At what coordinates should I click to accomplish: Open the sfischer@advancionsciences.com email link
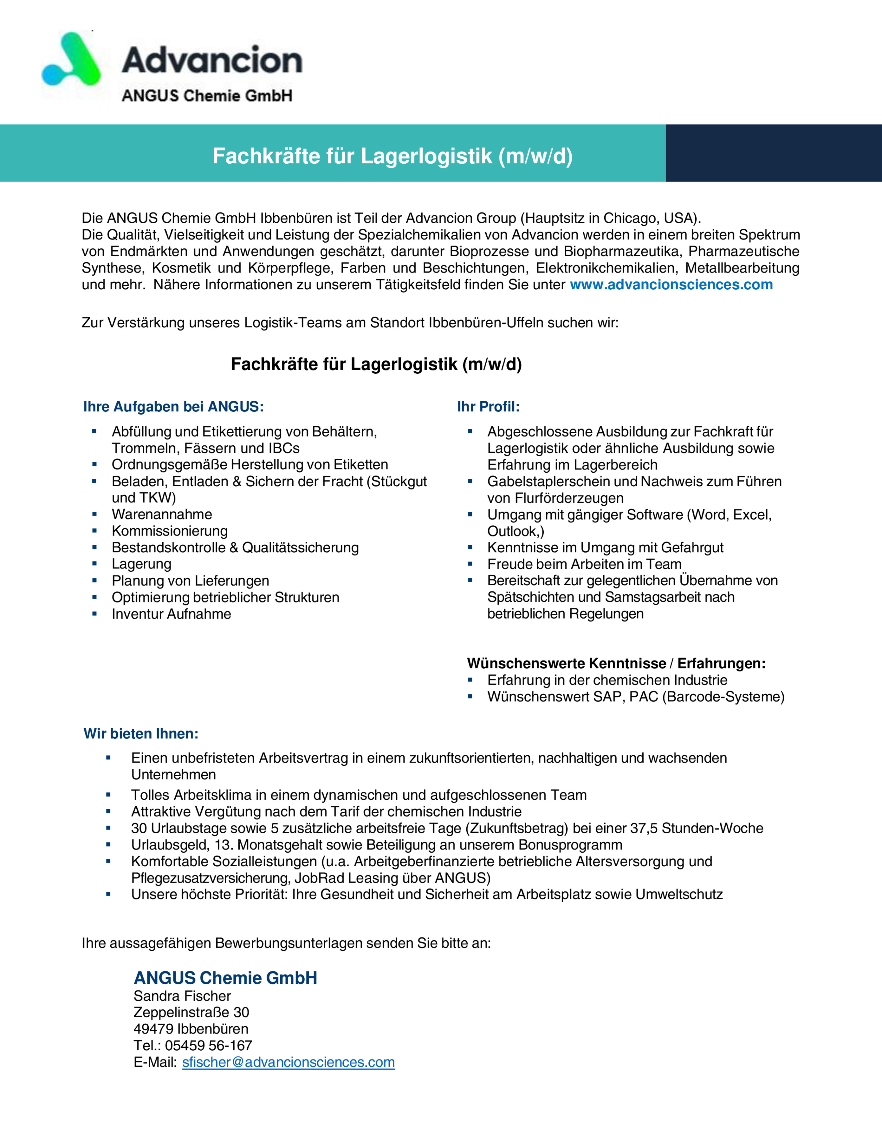pyautogui.click(x=289, y=1062)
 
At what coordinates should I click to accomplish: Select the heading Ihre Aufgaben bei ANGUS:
pyautogui.click(x=173, y=406)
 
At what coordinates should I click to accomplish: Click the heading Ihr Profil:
pyautogui.click(x=488, y=406)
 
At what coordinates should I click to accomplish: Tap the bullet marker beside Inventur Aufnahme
pyautogui.click(x=94, y=614)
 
